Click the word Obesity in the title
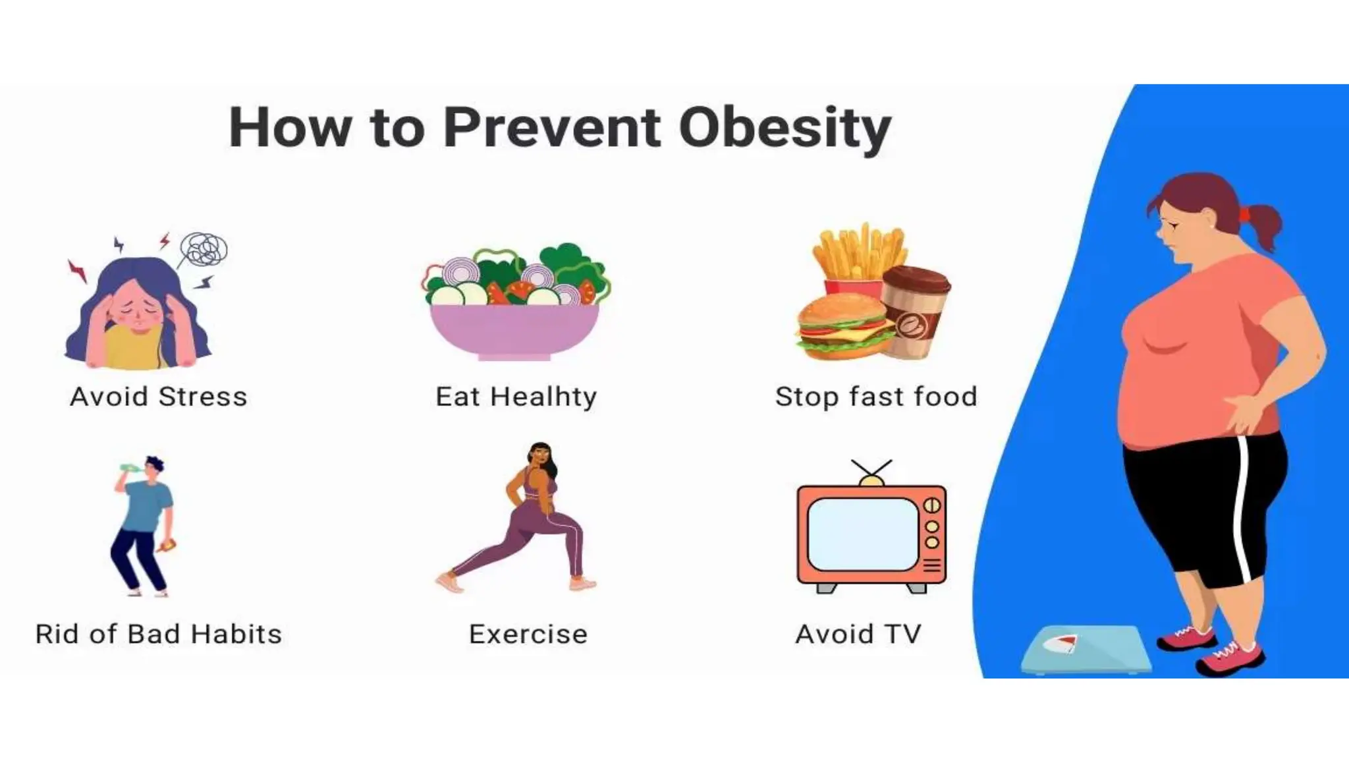click(x=785, y=128)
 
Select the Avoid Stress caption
click(x=158, y=397)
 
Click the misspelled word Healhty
click(x=543, y=397)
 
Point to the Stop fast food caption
click(x=876, y=397)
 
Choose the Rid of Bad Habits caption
click(x=158, y=634)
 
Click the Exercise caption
click(x=528, y=634)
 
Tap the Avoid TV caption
click(x=858, y=634)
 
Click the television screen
click(x=862, y=534)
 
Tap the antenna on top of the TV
click(x=871, y=469)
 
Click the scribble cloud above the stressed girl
click(x=204, y=250)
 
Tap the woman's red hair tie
click(x=1244, y=214)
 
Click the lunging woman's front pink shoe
click(x=583, y=583)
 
